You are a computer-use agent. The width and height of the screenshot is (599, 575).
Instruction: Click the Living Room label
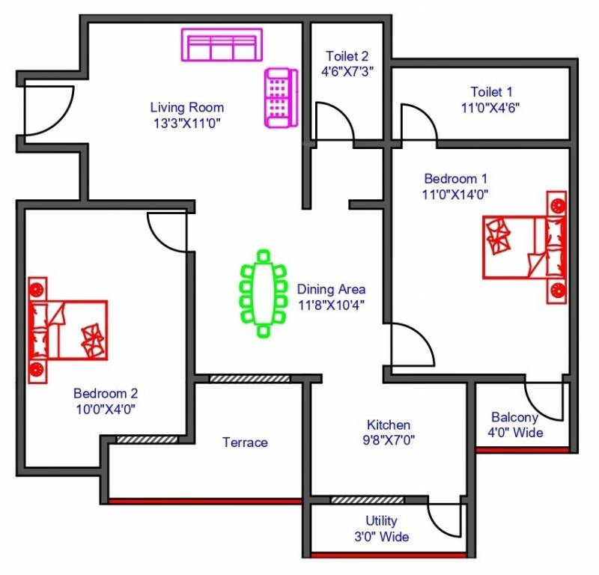pyautogui.click(x=186, y=107)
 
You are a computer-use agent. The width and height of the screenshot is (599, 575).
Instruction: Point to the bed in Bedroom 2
pyautogui.click(x=67, y=330)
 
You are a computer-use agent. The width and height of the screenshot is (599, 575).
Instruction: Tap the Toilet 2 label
pyautogui.click(x=347, y=56)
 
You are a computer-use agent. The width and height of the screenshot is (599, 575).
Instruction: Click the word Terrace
pyautogui.click(x=245, y=442)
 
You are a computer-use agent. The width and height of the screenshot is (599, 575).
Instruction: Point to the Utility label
pyautogui.click(x=382, y=521)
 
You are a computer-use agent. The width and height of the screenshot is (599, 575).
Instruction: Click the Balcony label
pyautogui.click(x=514, y=417)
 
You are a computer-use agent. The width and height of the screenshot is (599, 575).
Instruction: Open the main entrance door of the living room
pyautogui.click(x=47, y=109)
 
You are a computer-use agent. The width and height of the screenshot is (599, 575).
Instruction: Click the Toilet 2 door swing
pyautogui.click(x=333, y=121)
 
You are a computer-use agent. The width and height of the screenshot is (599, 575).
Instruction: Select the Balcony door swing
pyautogui.click(x=544, y=401)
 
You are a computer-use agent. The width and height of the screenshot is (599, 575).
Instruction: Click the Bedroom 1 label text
pyautogui.click(x=456, y=179)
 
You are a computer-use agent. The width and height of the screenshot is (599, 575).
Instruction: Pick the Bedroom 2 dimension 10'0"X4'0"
pyautogui.click(x=105, y=409)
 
